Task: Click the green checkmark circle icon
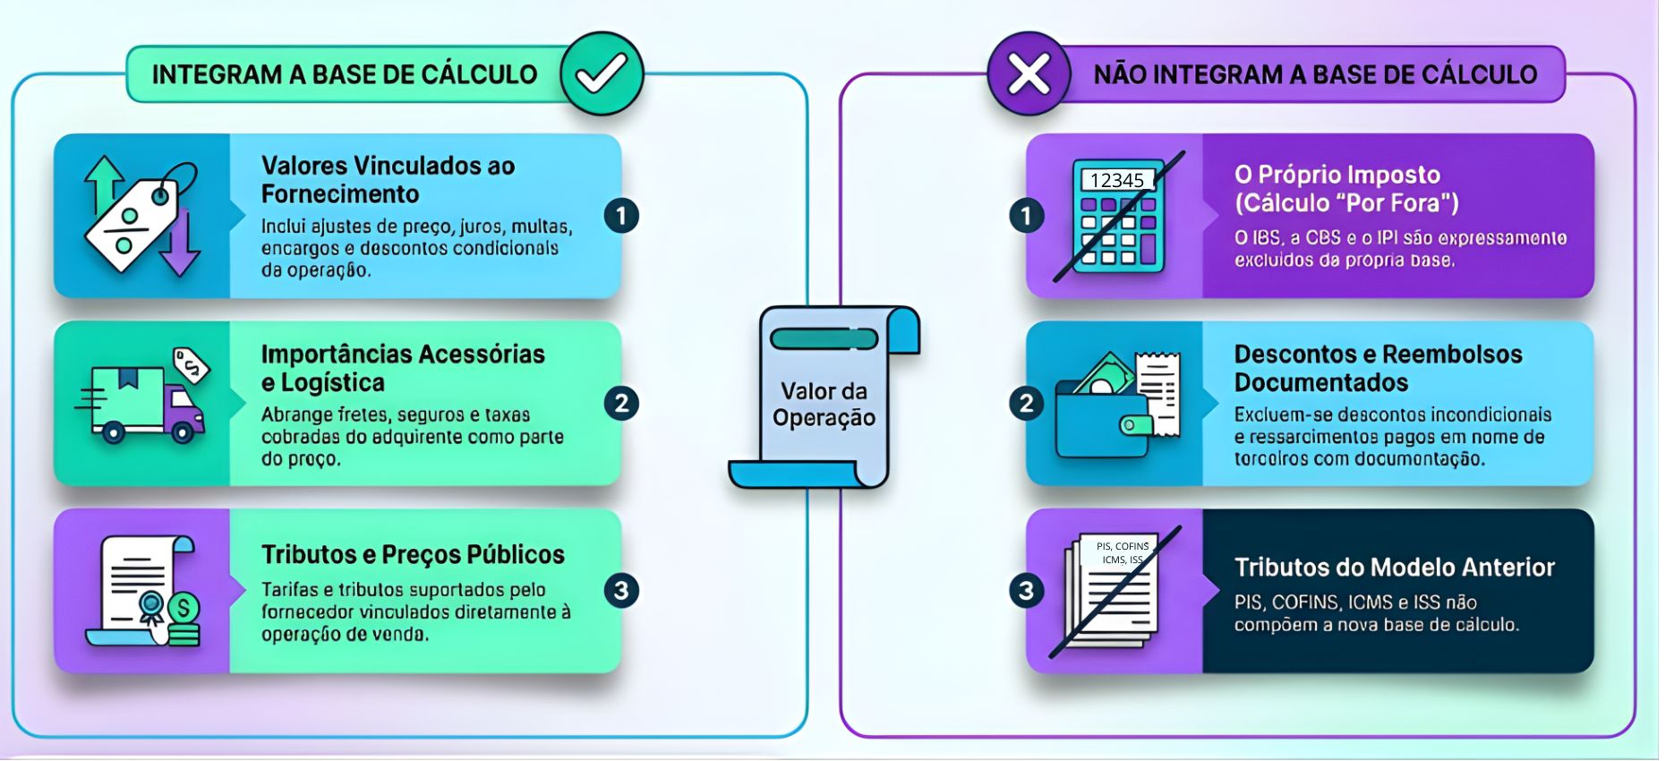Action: (x=602, y=74)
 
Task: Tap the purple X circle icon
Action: (x=1029, y=74)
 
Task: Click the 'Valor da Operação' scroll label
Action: (x=824, y=404)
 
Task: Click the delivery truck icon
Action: (x=143, y=403)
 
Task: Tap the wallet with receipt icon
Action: (x=1118, y=404)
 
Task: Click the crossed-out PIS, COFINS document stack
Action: (x=1115, y=591)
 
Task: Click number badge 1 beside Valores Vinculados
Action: (x=621, y=216)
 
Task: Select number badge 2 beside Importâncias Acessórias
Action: (x=621, y=404)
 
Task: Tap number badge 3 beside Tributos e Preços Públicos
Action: (x=621, y=591)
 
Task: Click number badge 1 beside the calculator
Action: (x=1027, y=216)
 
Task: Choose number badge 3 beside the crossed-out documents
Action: (x=1027, y=591)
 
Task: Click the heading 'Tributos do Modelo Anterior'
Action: (x=1394, y=568)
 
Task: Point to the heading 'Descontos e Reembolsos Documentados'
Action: (x=1378, y=368)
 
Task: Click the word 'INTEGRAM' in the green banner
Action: (x=218, y=74)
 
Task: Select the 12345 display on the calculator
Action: (x=1116, y=180)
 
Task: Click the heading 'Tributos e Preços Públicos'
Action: (x=413, y=555)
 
